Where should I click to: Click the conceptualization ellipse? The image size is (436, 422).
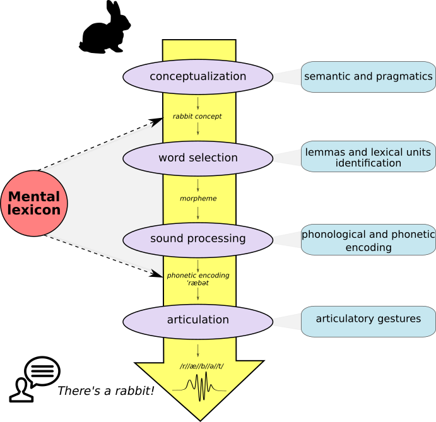tap(197, 77)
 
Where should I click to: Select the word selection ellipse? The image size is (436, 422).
tap(197, 158)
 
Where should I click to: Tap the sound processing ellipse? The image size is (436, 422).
tap(197, 239)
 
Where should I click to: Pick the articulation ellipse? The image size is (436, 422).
tap(197, 320)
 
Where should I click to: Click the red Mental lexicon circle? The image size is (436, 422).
tap(34, 203)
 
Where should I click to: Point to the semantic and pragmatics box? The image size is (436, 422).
tap(368, 77)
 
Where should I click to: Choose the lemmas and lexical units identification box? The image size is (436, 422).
tap(368, 157)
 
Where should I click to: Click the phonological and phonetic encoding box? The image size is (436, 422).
tap(368, 240)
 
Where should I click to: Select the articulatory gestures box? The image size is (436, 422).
tap(368, 320)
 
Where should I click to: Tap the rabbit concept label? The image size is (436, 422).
tap(197, 117)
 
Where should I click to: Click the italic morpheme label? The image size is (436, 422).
tap(197, 199)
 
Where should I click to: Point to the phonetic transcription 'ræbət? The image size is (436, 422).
tap(197, 283)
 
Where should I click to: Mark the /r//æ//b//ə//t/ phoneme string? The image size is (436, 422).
tap(201, 366)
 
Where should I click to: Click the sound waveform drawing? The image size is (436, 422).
tap(199, 385)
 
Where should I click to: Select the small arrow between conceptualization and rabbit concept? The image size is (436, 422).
tap(197, 103)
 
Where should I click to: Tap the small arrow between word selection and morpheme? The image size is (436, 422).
tap(197, 185)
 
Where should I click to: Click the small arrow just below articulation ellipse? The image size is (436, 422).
tap(197, 351)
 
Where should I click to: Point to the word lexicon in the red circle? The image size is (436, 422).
tap(34, 211)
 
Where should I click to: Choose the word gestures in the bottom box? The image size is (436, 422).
tap(399, 319)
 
